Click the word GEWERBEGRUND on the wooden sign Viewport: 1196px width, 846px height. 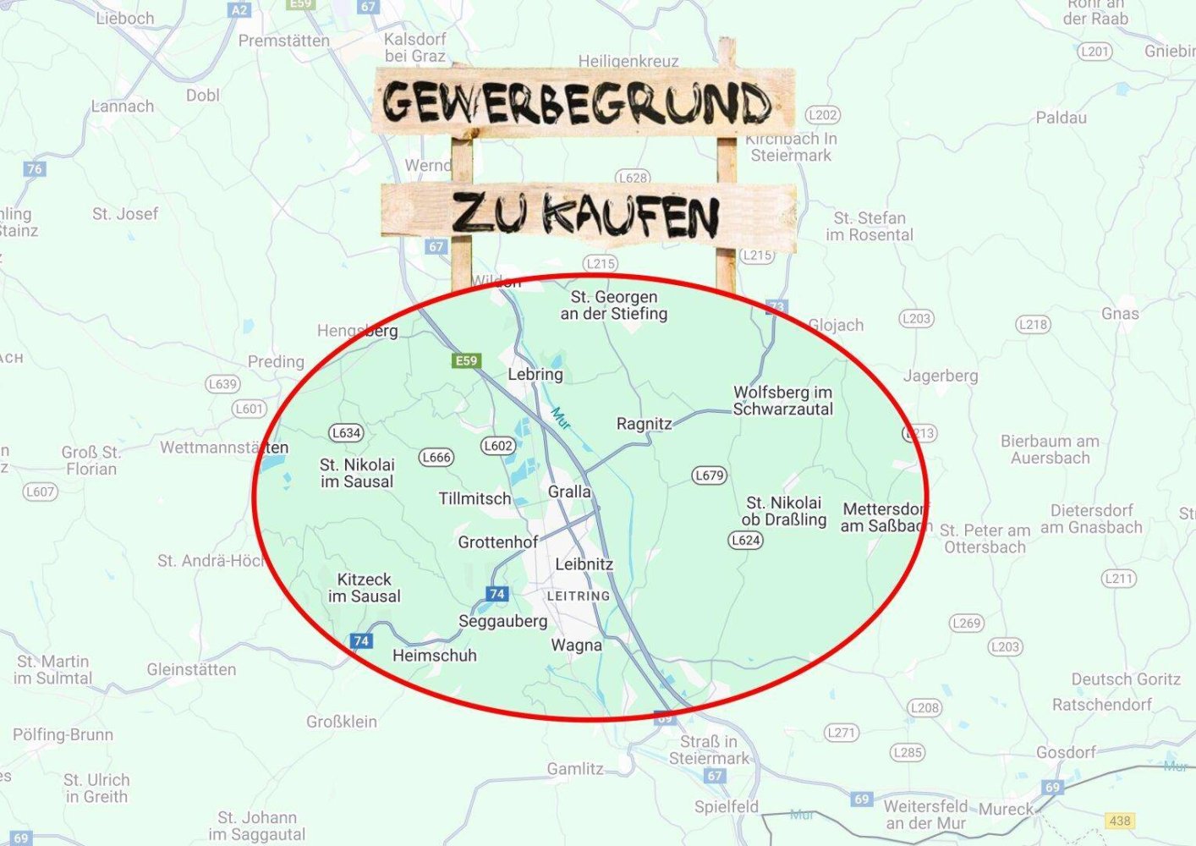click(x=578, y=103)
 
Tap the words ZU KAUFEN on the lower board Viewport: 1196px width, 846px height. click(x=585, y=214)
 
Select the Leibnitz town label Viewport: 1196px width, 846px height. click(x=584, y=564)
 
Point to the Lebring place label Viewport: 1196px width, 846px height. click(x=535, y=374)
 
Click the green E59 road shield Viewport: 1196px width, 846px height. click(x=466, y=361)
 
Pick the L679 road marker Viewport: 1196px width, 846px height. click(x=709, y=475)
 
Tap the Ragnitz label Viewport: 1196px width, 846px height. click(x=644, y=424)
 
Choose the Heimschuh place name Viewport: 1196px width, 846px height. click(x=434, y=656)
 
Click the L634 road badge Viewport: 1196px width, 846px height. click(x=346, y=433)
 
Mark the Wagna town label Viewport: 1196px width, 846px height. click(x=576, y=645)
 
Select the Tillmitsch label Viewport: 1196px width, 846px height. click(x=475, y=499)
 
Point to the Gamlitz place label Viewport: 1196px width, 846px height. click(x=574, y=769)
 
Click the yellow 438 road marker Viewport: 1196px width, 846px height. click(x=1119, y=821)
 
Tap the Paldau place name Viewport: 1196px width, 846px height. click(x=1061, y=118)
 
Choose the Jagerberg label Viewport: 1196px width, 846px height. click(x=940, y=376)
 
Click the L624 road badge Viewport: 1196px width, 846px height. click(x=745, y=541)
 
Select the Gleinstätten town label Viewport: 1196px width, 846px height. click(x=191, y=669)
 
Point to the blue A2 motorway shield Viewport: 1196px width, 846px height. click(x=239, y=10)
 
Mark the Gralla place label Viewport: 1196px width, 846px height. click(x=569, y=492)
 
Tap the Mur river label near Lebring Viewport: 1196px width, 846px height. click(x=560, y=416)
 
